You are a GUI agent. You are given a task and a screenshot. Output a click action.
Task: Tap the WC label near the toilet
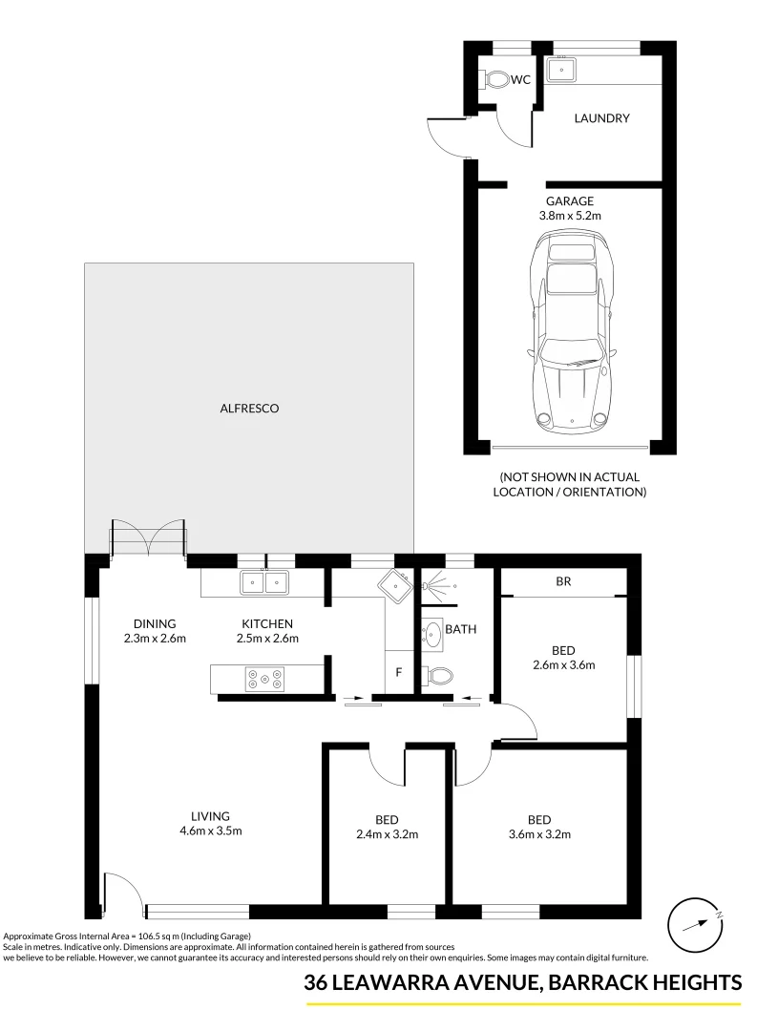coord(520,80)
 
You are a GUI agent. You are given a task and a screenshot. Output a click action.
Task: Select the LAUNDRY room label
coord(601,118)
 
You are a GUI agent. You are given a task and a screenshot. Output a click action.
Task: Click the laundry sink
coord(563,69)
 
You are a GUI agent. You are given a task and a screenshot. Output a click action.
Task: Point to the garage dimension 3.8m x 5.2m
coord(570,217)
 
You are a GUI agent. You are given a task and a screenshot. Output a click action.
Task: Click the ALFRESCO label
coord(248,408)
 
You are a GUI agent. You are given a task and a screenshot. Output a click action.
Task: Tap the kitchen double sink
coord(264,581)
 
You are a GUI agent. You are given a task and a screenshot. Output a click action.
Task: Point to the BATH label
coord(461,630)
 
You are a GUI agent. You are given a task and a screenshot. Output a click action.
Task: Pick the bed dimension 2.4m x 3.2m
coord(387,834)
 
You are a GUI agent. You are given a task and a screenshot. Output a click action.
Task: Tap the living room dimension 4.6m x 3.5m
coord(210,831)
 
